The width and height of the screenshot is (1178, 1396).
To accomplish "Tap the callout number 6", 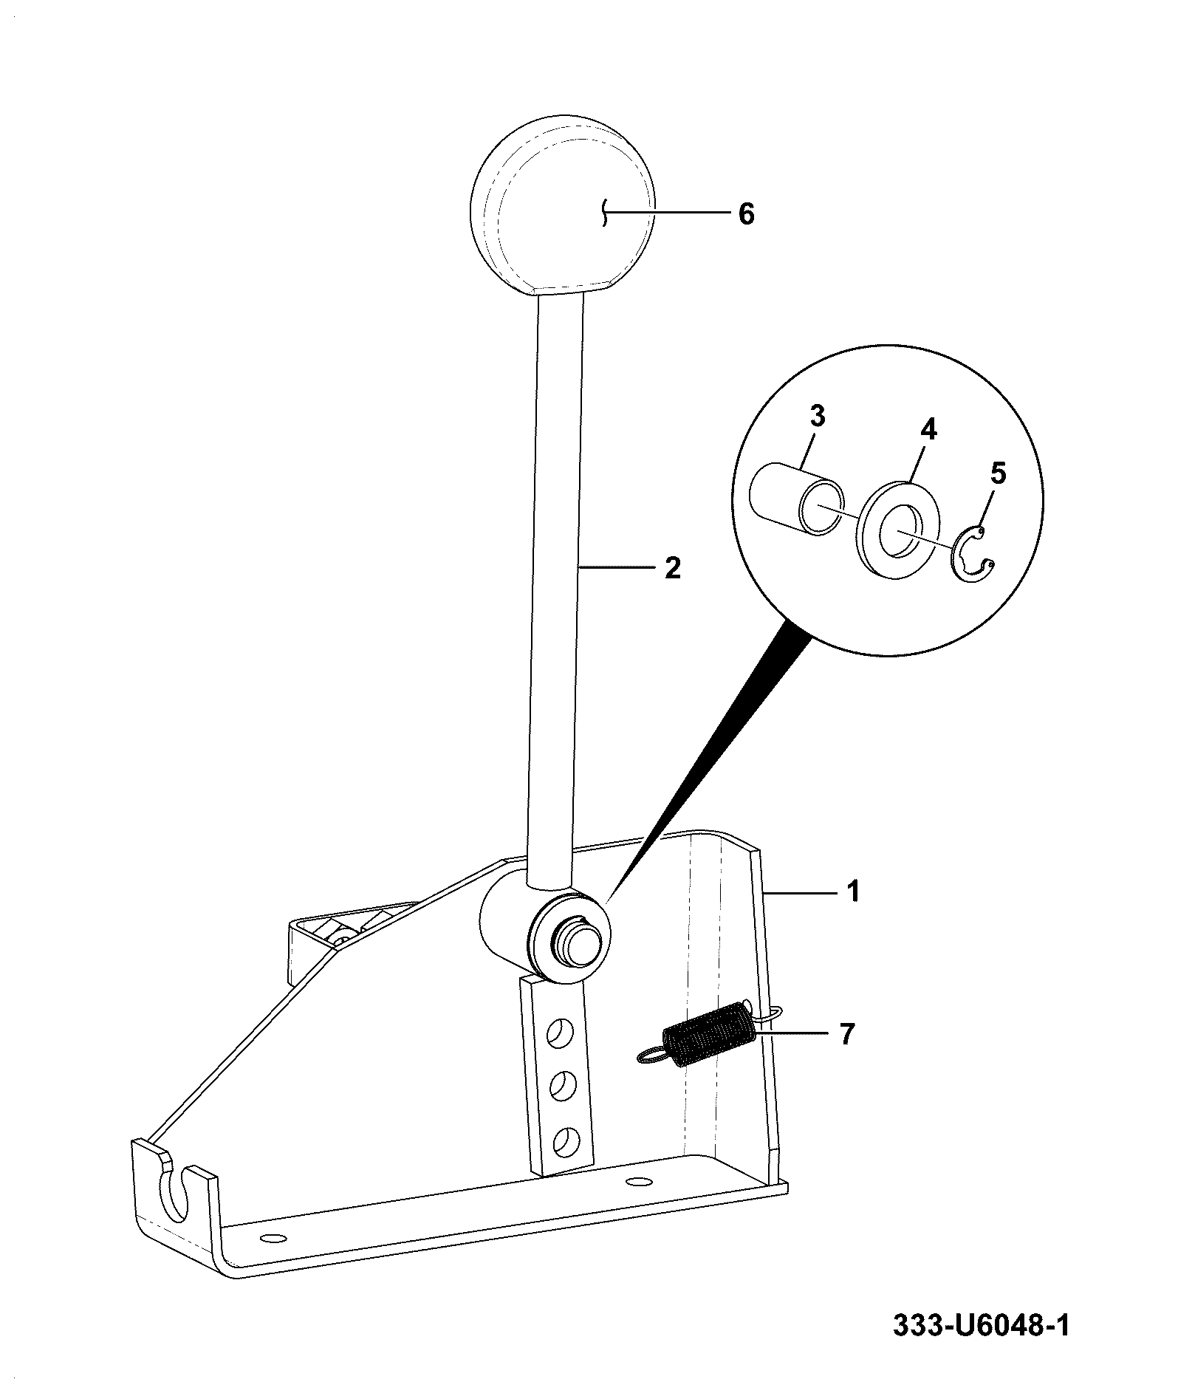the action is tap(746, 214).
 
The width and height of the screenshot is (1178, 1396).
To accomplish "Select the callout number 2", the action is tap(672, 567).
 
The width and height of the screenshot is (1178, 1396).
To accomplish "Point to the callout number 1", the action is tap(853, 892).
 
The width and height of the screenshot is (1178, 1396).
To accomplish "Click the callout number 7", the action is tap(846, 1034).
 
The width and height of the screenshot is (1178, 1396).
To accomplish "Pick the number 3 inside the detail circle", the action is tap(817, 417).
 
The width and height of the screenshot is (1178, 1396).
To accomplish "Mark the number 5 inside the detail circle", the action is tap(997, 473).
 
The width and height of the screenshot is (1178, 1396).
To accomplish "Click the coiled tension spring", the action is tap(705, 1034).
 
